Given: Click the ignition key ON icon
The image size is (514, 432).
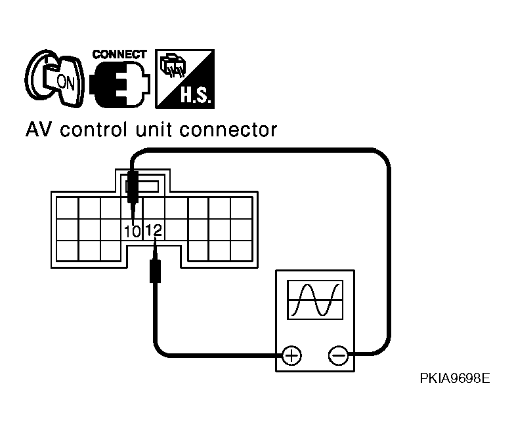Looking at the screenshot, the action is (54, 79).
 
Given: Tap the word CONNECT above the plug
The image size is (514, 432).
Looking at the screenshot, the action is (119, 54).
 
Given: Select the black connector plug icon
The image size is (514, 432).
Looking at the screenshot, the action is (119, 84).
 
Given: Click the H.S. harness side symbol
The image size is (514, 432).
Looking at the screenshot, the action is (184, 79).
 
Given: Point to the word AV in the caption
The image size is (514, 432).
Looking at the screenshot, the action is (37, 130).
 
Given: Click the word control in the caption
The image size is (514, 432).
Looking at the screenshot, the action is (93, 130).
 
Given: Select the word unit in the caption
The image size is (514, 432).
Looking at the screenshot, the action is (154, 130).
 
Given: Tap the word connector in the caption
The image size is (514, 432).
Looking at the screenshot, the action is (228, 130).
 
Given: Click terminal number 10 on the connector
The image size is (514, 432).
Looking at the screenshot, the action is (133, 231).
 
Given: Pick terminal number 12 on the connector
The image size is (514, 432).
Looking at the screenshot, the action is (154, 230).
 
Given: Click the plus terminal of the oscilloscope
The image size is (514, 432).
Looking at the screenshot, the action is (291, 355).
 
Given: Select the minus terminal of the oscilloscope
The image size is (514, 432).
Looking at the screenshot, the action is (338, 355).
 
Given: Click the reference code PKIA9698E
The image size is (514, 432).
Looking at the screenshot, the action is (455, 378).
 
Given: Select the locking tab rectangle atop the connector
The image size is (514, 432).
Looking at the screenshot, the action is (142, 187).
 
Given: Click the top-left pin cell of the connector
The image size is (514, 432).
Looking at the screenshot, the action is (67, 208).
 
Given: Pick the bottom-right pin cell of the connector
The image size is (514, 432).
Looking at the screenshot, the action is (242, 250).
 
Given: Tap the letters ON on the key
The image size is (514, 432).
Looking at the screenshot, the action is (66, 82).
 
